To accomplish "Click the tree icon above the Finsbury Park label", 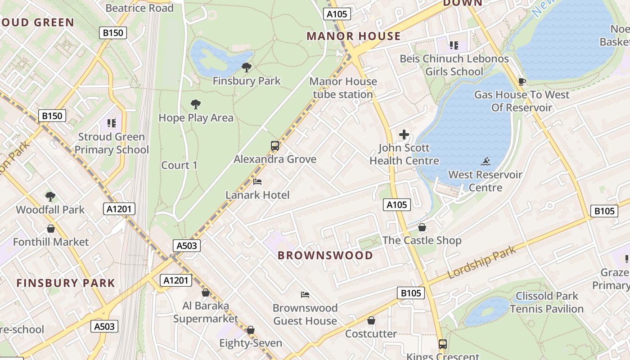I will [246, 67].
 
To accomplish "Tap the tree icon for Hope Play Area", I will [195, 104].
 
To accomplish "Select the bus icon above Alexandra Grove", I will [275, 146].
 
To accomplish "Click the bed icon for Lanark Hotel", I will [257, 182].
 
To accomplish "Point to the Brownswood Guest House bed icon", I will [305, 295].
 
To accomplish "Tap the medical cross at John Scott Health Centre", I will [404, 135].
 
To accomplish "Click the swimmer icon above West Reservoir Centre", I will [485, 162].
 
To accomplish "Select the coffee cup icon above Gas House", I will [522, 81].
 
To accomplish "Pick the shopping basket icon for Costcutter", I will [371, 320].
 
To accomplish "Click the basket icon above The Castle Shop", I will [422, 227].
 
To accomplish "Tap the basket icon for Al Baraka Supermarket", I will [206, 292].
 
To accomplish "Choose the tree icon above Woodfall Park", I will [50, 196].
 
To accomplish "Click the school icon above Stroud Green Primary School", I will [111, 123].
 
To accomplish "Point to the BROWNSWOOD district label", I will [325, 256].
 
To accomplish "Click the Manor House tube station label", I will [343, 88].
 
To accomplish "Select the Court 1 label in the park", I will [179, 165].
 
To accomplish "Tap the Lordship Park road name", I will [482, 262].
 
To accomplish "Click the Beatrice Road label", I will [139, 8].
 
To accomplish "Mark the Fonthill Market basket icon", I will [51, 229].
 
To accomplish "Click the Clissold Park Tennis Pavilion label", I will [547, 302].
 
